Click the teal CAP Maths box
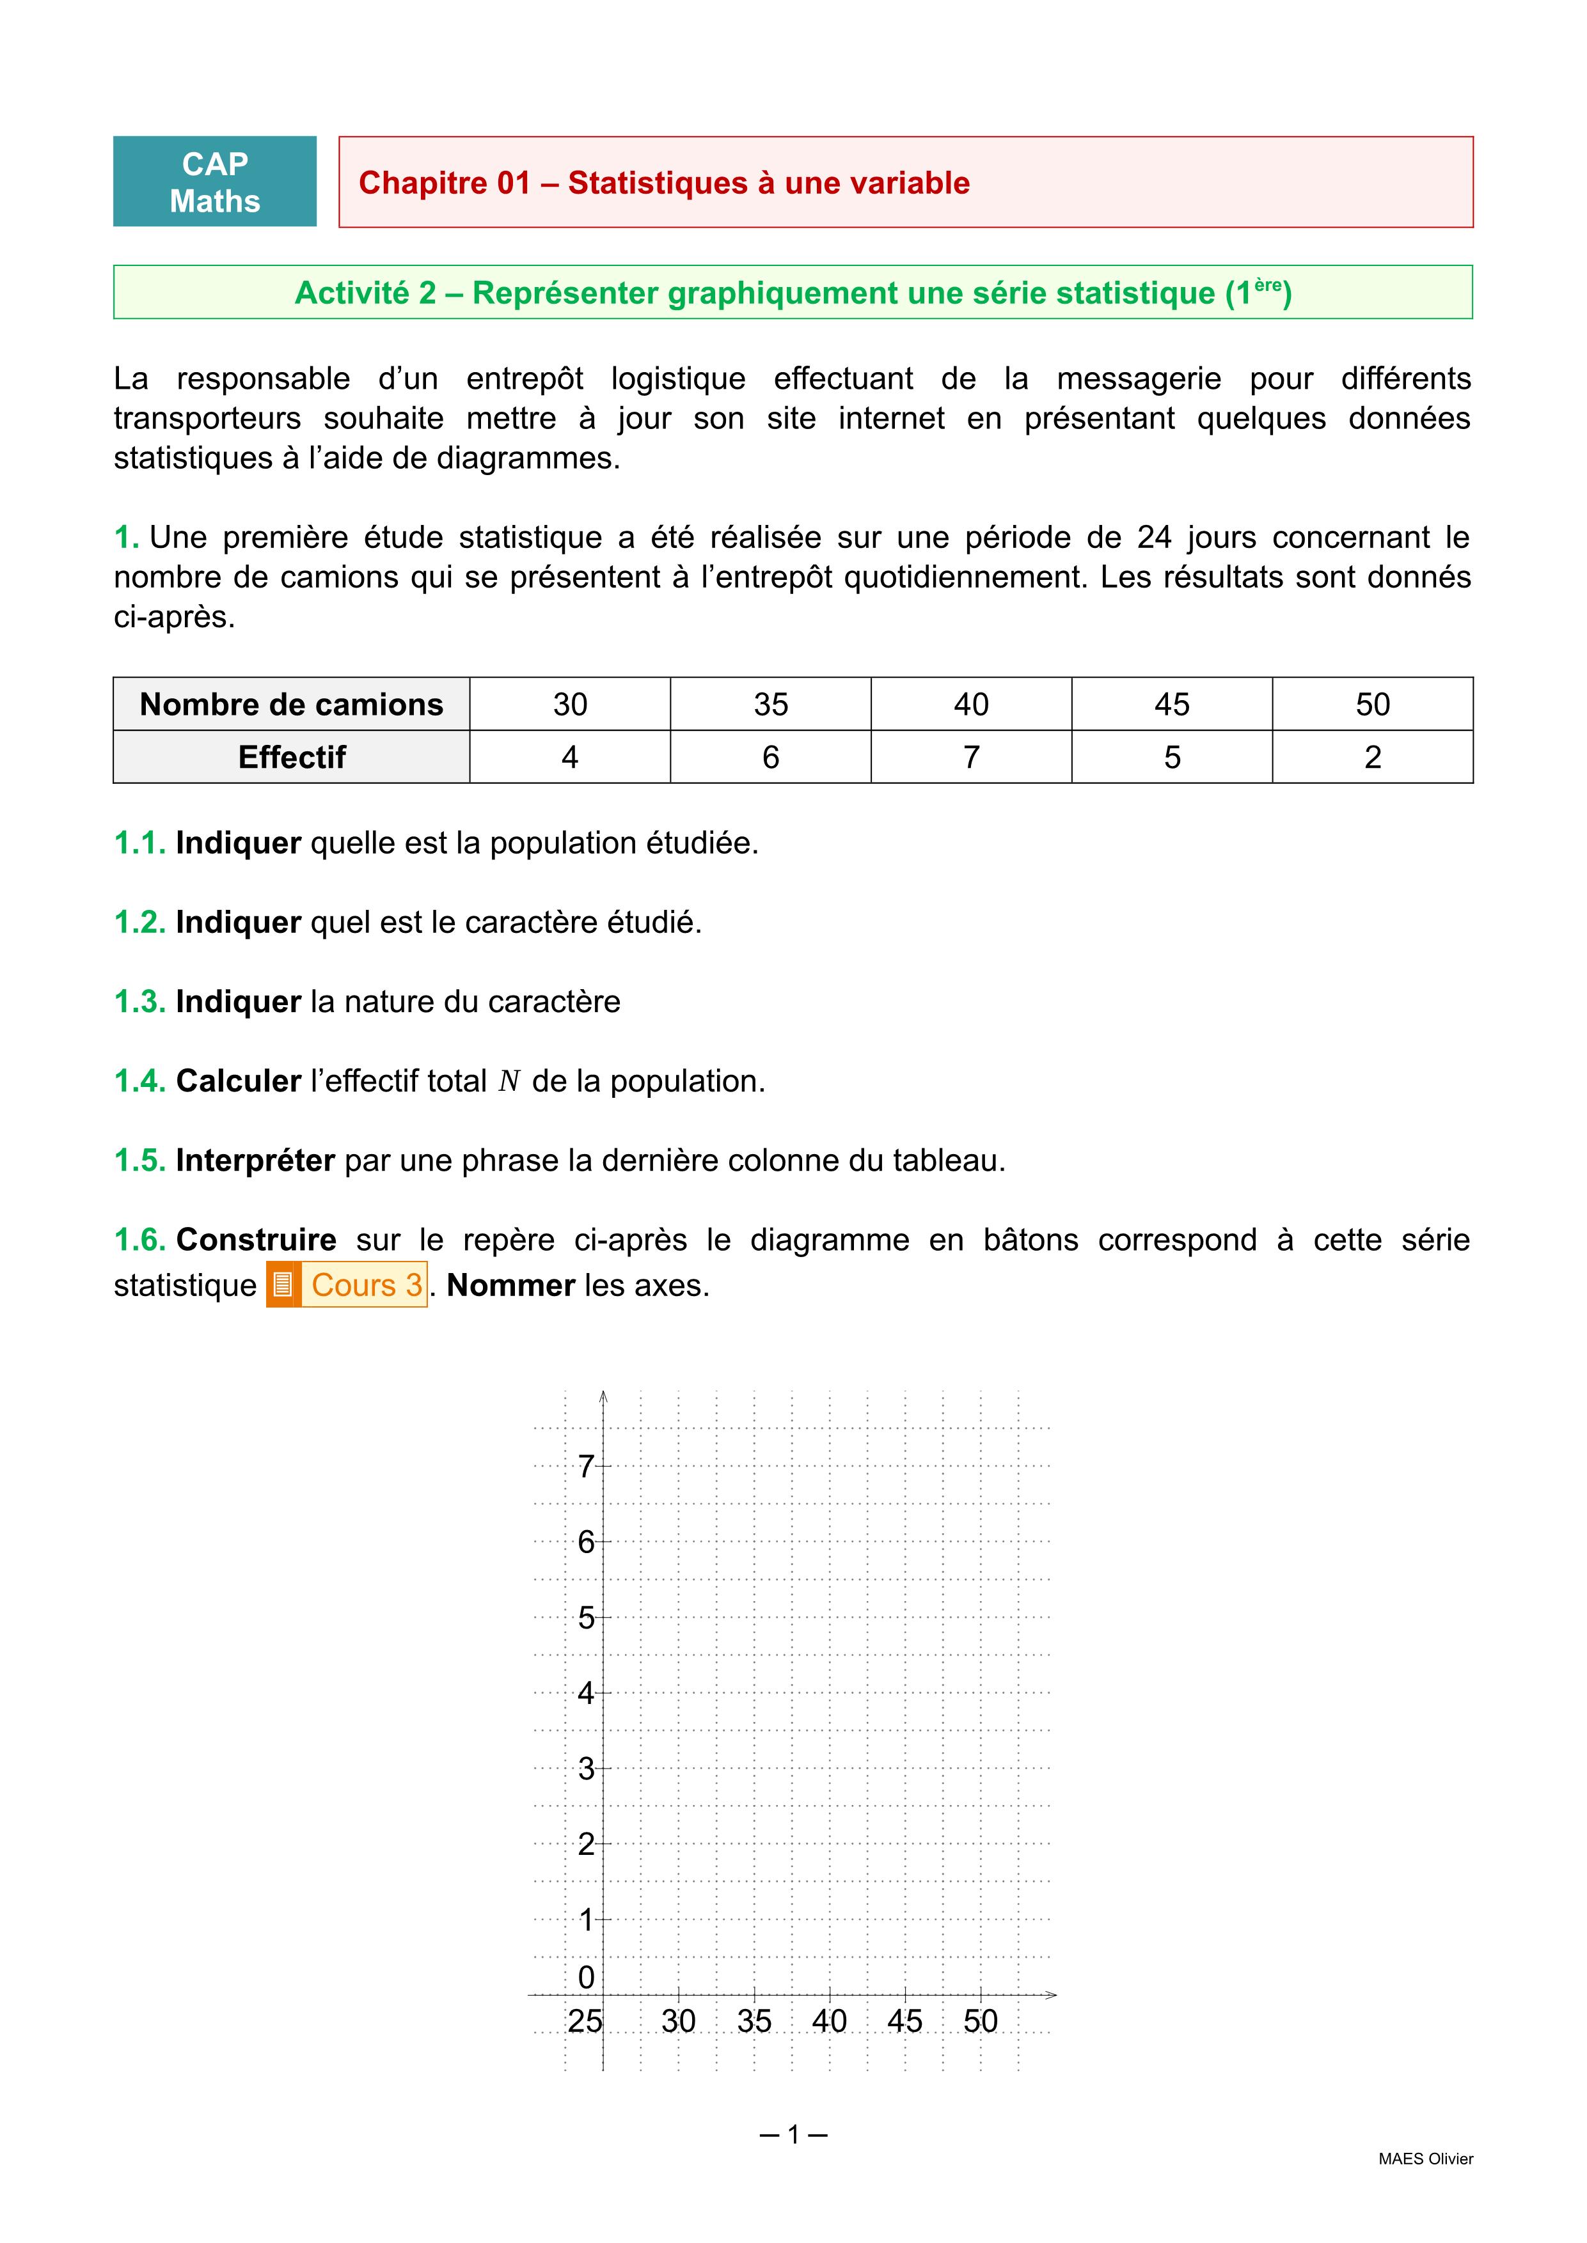coord(215,182)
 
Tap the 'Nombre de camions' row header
coord(291,705)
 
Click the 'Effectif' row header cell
coord(291,757)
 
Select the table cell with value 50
coord(1372,705)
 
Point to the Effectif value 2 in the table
coord(1372,757)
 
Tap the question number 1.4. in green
coord(139,1081)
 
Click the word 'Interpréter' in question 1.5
coord(255,1161)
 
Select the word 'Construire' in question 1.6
coord(256,1240)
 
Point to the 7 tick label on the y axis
coord(585,1466)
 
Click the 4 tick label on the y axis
coord(585,1693)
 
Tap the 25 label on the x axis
coord(585,2021)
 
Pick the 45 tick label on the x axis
coord(905,2021)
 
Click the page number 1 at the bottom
coord(793,2134)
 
